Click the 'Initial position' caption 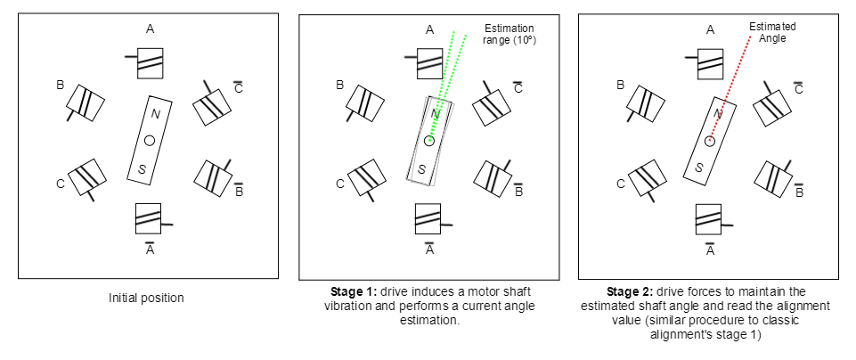coord(146,298)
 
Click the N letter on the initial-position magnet coord(156,113)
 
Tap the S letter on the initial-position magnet coord(141,169)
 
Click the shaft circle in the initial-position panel coord(149,140)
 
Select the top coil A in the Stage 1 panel coord(429,61)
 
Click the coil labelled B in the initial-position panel coord(87,102)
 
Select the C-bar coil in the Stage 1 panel coord(492,105)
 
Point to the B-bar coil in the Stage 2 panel coord(772,176)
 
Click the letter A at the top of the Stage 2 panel coord(710,29)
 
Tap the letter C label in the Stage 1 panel coord(339,184)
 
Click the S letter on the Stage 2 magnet coord(700,167)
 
